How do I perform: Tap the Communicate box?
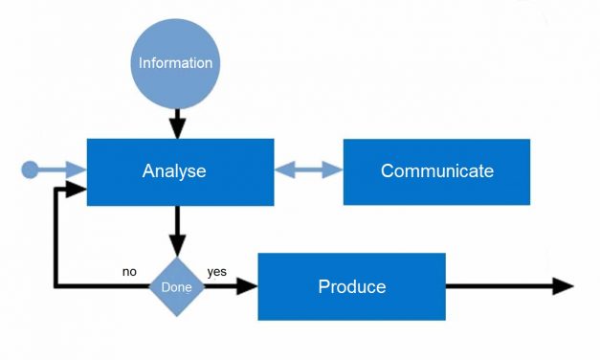[436, 172]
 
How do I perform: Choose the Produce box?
[351, 286]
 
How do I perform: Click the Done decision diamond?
[176, 286]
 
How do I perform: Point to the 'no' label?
[129, 272]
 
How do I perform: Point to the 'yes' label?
[216, 272]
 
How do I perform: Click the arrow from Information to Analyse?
[176, 123]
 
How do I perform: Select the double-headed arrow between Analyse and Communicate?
[308, 170]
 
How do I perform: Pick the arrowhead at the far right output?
[564, 286]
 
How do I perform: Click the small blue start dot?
[31, 170]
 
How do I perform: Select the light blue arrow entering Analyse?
[63, 170]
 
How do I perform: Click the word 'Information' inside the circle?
[175, 63]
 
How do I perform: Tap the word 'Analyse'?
[174, 172]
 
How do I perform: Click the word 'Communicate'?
[436, 172]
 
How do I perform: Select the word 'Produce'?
[351, 286]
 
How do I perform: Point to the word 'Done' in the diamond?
[176, 287]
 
